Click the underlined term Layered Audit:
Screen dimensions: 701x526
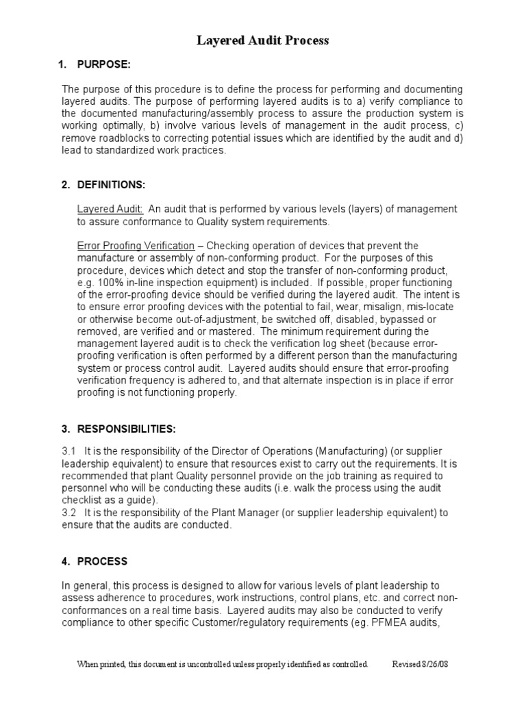click(x=110, y=209)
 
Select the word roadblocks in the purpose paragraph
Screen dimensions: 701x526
click(x=120, y=139)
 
